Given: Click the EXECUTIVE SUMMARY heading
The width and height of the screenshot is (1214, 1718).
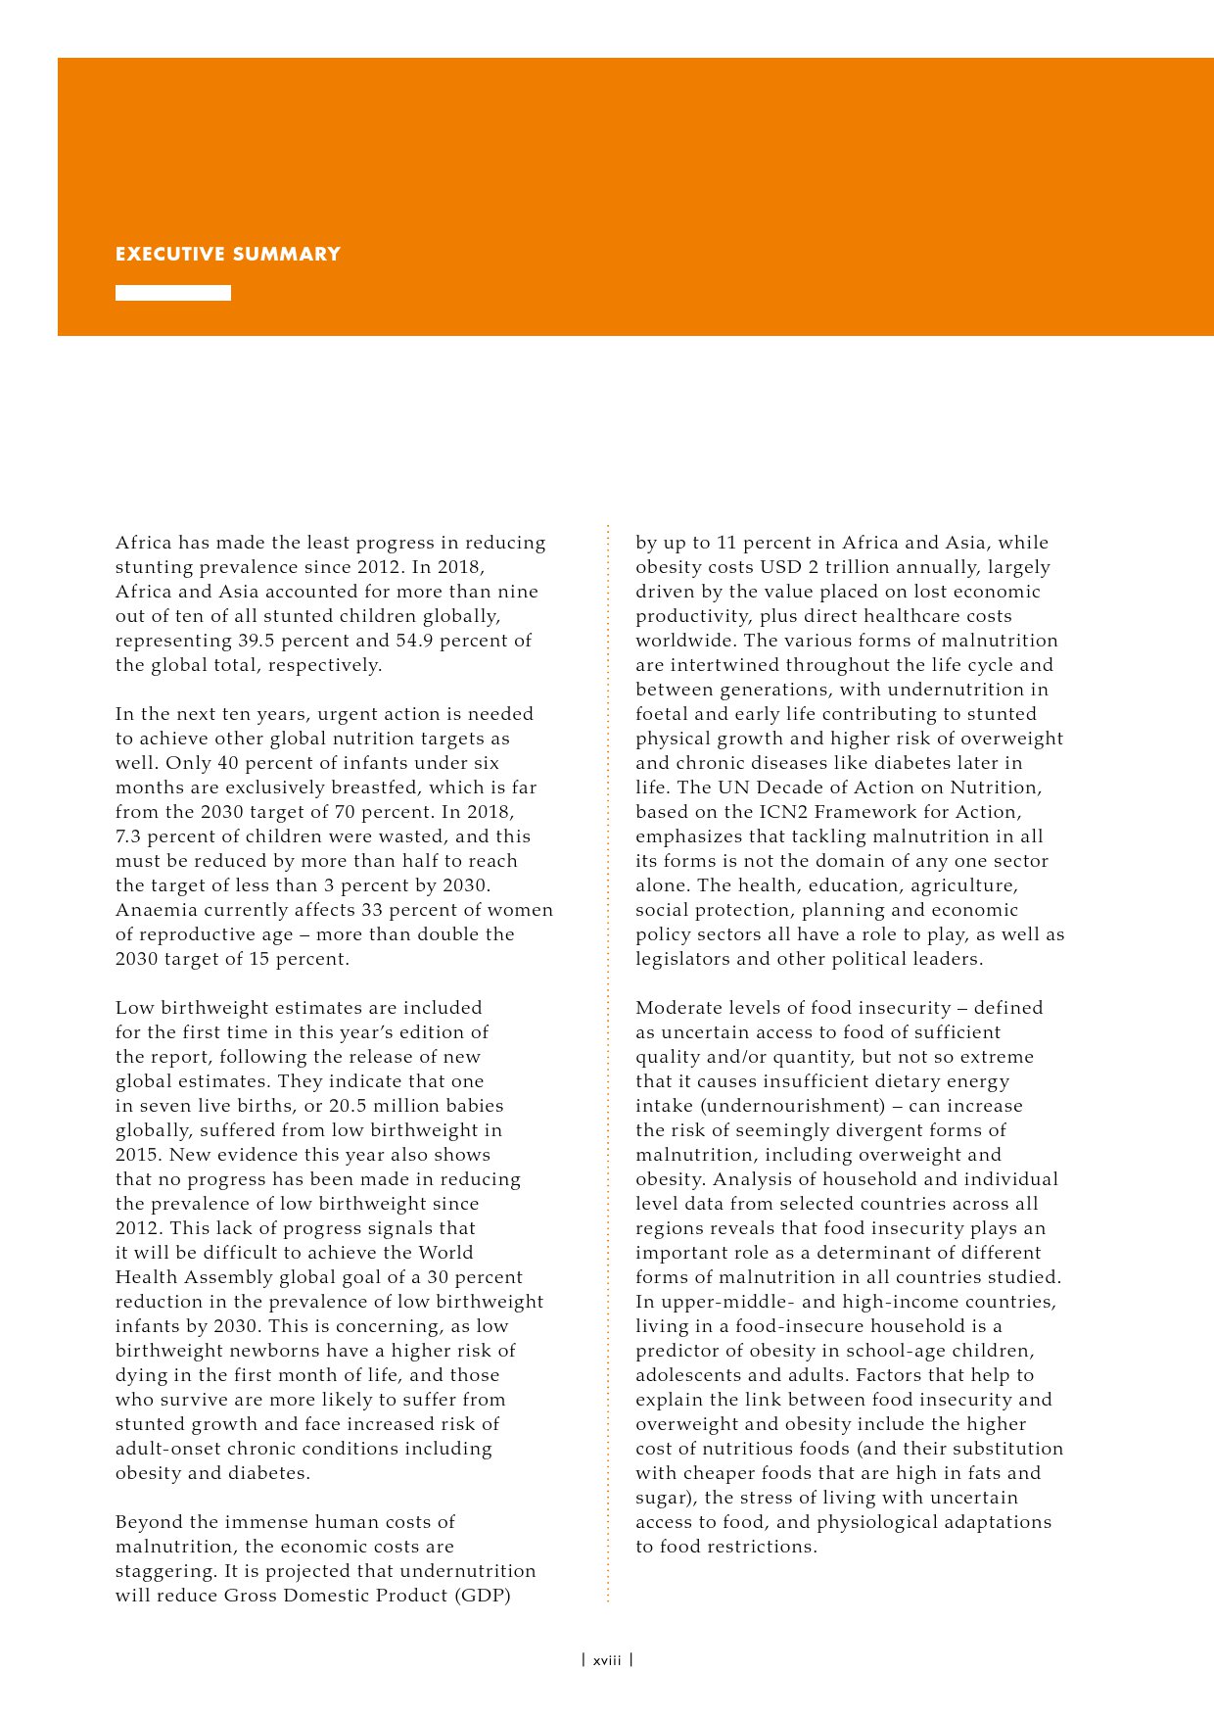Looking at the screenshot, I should pyautogui.click(x=227, y=255).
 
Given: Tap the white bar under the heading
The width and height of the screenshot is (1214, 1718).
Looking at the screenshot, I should pyautogui.click(x=173, y=293).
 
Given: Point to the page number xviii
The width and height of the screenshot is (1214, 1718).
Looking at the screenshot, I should pyautogui.click(x=607, y=1660).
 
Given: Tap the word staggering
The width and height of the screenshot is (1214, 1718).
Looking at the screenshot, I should pyautogui.click(x=162, y=1571).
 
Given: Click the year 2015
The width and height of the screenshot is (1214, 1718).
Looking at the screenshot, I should pyautogui.click(x=137, y=1155).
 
